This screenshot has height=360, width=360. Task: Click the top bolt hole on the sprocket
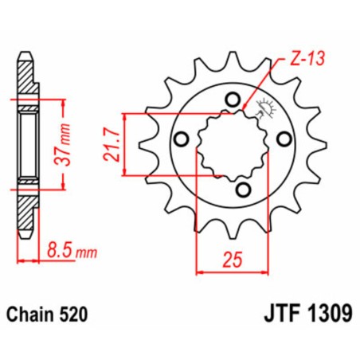point(232,100)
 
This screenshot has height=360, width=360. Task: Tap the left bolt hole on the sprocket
point(182,140)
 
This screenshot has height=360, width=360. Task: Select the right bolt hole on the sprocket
point(283,140)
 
